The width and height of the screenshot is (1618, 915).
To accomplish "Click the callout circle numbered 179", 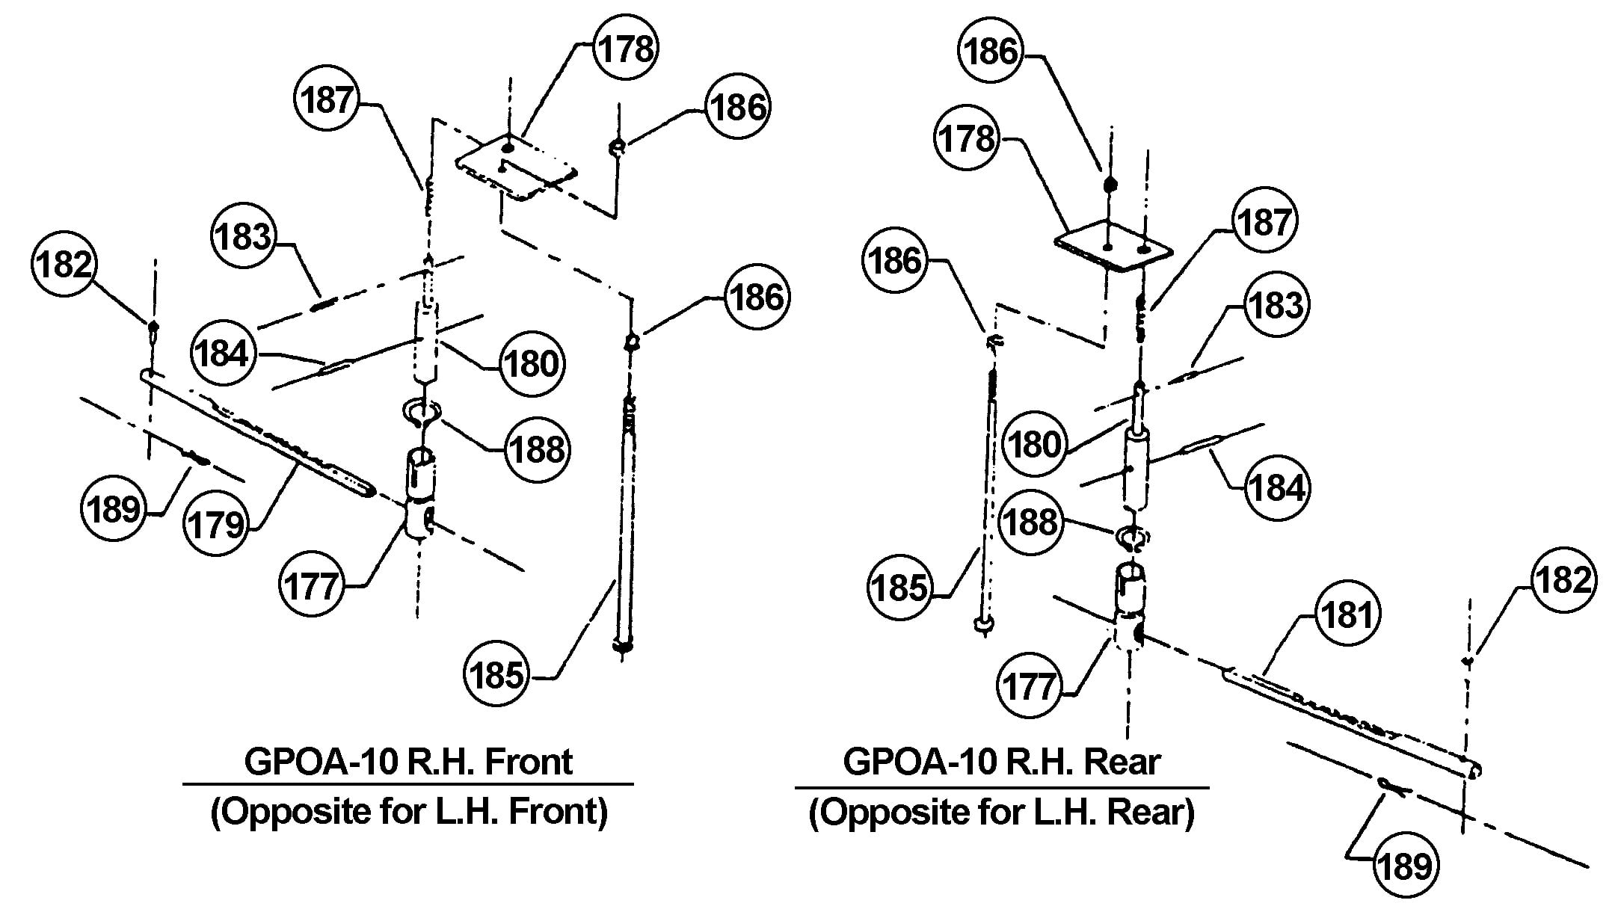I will point(215,524).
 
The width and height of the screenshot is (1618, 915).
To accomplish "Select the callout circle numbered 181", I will point(1347,615).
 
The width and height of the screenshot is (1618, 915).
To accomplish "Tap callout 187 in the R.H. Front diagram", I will point(327,99).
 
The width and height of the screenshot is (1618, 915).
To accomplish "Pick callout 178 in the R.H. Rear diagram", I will point(968,139).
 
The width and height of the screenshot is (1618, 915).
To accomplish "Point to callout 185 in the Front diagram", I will point(496,676).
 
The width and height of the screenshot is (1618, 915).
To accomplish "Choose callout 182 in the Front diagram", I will point(64,265).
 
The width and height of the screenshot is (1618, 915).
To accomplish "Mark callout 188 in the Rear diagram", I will point(1031,522).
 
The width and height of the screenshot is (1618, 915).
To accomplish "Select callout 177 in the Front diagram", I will point(311,585).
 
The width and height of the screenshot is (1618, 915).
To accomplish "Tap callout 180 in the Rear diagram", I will point(1034,445).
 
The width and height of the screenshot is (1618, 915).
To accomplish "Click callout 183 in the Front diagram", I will point(243,237).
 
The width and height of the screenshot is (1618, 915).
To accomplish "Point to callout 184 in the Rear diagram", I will point(1277,488).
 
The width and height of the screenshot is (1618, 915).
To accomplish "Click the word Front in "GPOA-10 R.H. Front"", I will point(528,762).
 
